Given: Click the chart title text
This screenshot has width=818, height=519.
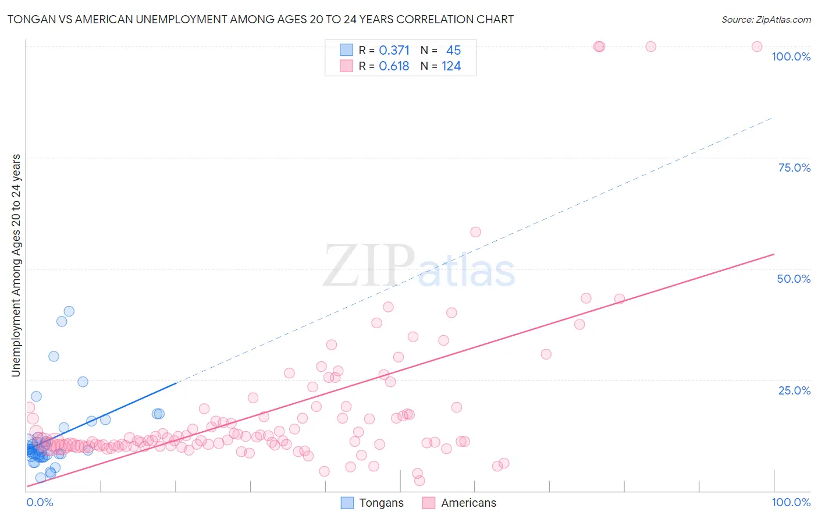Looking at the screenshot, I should click(260, 19).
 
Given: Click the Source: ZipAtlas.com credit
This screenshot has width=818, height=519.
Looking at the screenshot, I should click(766, 19).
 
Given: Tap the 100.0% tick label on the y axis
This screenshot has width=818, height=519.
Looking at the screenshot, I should click(791, 56).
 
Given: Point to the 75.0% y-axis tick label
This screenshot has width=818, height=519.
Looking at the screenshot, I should click(794, 168).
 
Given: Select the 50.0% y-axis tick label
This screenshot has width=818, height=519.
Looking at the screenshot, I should click(794, 279).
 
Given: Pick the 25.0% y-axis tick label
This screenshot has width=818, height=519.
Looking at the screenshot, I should click(794, 390).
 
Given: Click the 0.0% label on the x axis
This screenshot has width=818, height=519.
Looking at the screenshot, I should click(40, 502).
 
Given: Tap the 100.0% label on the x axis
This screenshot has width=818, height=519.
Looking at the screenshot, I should click(791, 502).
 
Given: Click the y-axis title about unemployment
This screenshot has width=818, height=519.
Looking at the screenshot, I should click(16, 265).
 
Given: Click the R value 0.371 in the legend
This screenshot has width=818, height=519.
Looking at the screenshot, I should click(394, 51).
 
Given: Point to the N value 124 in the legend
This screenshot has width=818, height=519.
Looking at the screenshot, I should click(451, 66).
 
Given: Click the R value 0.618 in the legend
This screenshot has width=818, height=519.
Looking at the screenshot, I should click(394, 66).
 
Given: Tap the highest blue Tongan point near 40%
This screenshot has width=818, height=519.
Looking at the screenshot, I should click(69, 311).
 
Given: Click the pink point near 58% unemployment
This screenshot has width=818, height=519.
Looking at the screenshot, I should click(475, 232).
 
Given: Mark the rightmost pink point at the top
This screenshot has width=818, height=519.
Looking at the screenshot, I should click(757, 47).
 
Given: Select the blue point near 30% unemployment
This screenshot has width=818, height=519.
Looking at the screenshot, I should click(54, 357).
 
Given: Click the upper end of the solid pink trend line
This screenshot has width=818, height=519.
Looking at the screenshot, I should click(774, 254).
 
